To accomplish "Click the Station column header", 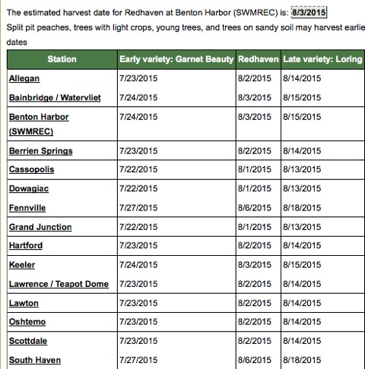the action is (x=61, y=58).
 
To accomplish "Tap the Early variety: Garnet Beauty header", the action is (x=176, y=58).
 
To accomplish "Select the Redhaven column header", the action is (x=257, y=58).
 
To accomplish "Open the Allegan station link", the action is (x=24, y=79).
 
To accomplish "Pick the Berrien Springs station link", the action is (x=39, y=151).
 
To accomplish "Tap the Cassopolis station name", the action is (x=31, y=170).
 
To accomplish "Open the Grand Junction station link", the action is (x=40, y=227).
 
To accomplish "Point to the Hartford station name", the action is (x=26, y=246).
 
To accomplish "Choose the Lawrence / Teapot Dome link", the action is (x=59, y=284).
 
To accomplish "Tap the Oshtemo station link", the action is (x=27, y=322).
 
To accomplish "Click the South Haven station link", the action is (x=34, y=360).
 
